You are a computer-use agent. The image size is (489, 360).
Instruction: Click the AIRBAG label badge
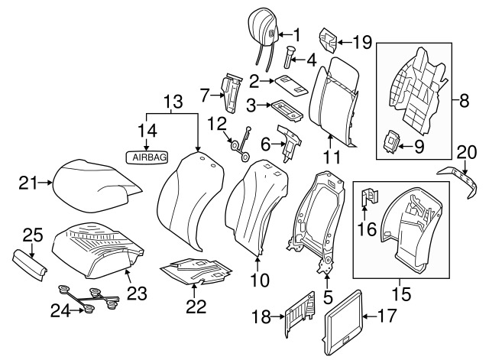(x=148, y=157)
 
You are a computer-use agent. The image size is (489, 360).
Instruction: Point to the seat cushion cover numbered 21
(x=96, y=183)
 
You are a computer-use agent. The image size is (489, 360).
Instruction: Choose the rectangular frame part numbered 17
(x=343, y=313)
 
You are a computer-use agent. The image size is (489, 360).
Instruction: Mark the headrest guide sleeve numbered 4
(x=291, y=57)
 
